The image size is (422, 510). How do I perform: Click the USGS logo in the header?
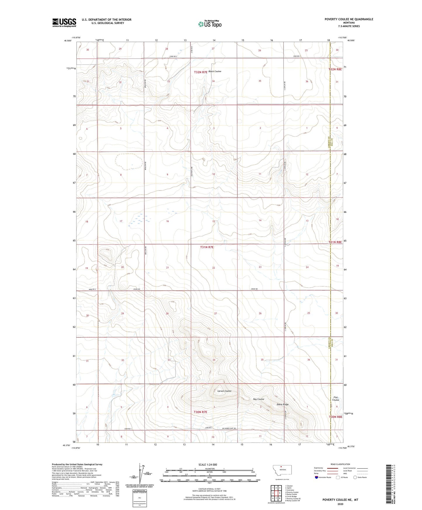pyautogui.click(x=64, y=22)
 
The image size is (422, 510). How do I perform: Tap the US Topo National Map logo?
pyautogui.click(x=210, y=24)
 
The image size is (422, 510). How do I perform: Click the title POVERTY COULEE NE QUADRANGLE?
pyautogui.click(x=349, y=19)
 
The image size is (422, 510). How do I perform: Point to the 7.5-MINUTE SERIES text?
pyautogui.click(x=349, y=26)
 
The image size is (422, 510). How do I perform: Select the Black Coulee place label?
pyautogui.click(x=215, y=72)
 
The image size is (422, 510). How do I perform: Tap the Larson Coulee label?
pyautogui.click(x=224, y=391)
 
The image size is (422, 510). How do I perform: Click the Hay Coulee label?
pyautogui.click(x=258, y=399)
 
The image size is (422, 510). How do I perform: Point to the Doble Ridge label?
pyautogui.click(x=282, y=404)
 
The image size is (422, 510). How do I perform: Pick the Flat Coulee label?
pyautogui.click(x=336, y=399)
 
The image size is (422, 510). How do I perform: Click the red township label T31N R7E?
pyautogui.click(x=207, y=247)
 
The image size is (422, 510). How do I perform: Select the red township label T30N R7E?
pyautogui.click(x=200, y=412)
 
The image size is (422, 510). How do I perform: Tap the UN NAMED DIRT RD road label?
pyautogui.click(x=228, y=429)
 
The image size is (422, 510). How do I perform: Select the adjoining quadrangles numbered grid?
pyautogui.click(x=276, y=493)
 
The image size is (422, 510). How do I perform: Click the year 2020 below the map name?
pyautogui.click(x=340, y=504)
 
